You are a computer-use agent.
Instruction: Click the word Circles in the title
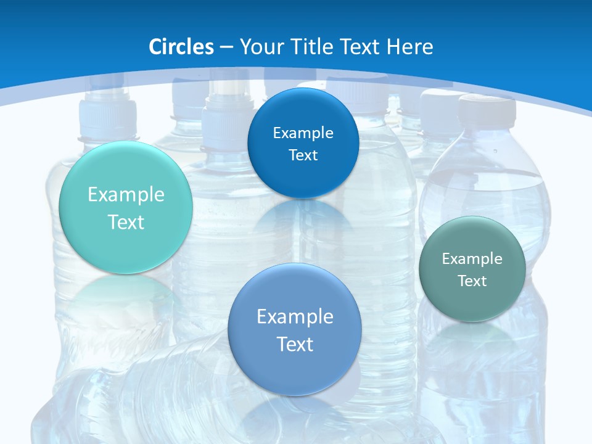(x=181, y=47)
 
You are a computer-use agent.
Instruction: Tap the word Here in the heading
(x=409, y=47)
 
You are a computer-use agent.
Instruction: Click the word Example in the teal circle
(x=126, y=195)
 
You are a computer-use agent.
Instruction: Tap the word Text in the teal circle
(x=126, y=222)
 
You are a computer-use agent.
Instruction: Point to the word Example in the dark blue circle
(x=303, y=133)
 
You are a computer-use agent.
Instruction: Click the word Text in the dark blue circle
(x=303, y=155)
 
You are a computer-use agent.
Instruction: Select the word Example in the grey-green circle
(x=472, y=258)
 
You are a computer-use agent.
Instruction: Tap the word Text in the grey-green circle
(x=472, y=281)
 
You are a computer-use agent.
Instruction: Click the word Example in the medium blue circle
(x=295, y=316)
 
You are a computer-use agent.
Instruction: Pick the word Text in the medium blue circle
(x=295, y=344)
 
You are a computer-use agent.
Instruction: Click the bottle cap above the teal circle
(x=108, y=117)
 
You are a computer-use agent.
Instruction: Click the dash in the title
(x=226, y=47)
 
